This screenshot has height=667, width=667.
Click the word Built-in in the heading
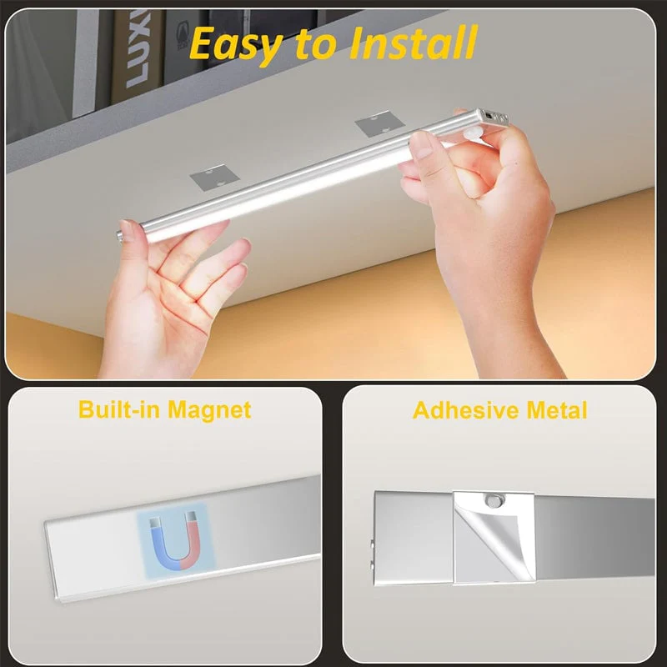click(120, 409)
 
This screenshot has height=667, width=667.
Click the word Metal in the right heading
click(557, 410)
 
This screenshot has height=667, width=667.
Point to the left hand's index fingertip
click(239, 246)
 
